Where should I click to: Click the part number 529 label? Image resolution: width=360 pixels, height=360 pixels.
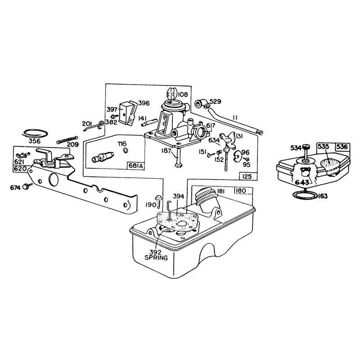[216, 101]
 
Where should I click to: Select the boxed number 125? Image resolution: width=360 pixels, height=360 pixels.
[247, 176]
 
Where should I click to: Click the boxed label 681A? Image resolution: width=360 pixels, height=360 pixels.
[136, 166]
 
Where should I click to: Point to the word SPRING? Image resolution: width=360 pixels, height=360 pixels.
[156, 257]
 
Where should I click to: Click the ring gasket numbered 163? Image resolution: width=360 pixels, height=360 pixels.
[305, 195]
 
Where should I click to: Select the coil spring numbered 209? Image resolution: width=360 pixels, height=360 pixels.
[67, 139]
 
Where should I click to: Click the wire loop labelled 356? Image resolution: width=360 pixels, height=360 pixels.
[35, 134]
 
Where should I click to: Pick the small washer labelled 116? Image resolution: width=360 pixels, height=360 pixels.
[126, 150]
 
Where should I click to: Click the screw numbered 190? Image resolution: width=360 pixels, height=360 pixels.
[158, 201]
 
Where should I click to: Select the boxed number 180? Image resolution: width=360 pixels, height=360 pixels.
[240, 191]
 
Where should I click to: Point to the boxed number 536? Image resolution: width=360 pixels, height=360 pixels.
[342, 147]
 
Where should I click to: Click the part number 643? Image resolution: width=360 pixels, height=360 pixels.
[301, 183]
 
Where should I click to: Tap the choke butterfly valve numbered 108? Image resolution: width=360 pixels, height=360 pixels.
[171, 93]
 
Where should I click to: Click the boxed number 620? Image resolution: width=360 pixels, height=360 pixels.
[20, 169]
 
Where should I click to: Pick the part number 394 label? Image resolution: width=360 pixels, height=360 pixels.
[178, 196]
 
